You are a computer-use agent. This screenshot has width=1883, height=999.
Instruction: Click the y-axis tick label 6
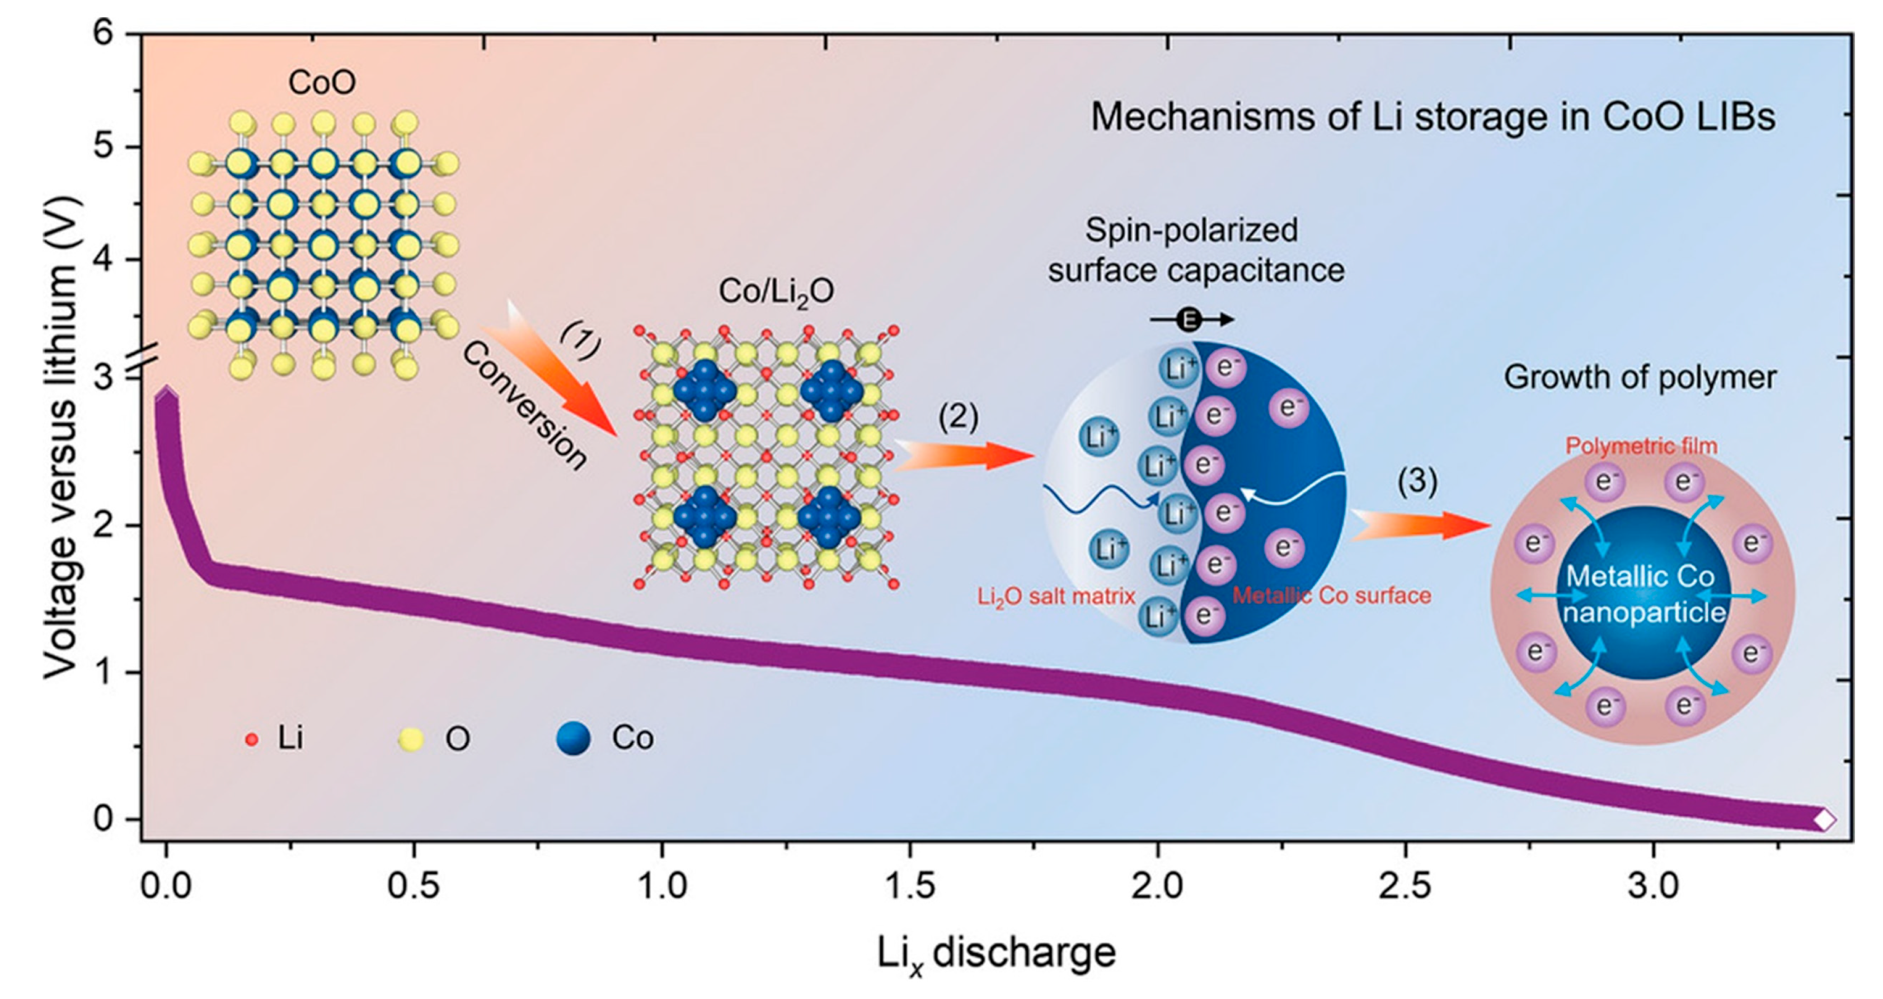tap(103, 34)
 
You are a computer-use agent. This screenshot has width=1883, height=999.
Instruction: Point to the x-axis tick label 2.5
tap(1405, 887)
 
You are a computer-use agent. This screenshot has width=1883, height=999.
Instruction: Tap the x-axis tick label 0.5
tap(414, 887)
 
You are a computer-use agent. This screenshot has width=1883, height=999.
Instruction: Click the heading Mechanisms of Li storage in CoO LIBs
tap(1433, 118)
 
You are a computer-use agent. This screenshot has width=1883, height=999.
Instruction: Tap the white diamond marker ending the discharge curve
tap(1824, 819)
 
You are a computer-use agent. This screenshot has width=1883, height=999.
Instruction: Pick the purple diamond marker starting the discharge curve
tap(167, 397)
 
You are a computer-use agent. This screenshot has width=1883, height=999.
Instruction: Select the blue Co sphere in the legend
tap(573, 739)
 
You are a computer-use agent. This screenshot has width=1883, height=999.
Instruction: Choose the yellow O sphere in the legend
tap(410, 739)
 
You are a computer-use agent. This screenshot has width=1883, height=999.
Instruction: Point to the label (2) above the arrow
tap(959, 417)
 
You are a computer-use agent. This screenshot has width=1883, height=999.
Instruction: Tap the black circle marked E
tap(1189, 320)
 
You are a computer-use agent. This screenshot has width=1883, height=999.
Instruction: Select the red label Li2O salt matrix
tap(1056, 596)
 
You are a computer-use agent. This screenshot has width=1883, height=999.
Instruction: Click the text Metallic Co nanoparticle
tap(1641, 594)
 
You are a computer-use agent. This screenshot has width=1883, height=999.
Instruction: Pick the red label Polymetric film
tap(1641, 445)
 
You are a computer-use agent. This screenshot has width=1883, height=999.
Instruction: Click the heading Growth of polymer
tap(1640, 377)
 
